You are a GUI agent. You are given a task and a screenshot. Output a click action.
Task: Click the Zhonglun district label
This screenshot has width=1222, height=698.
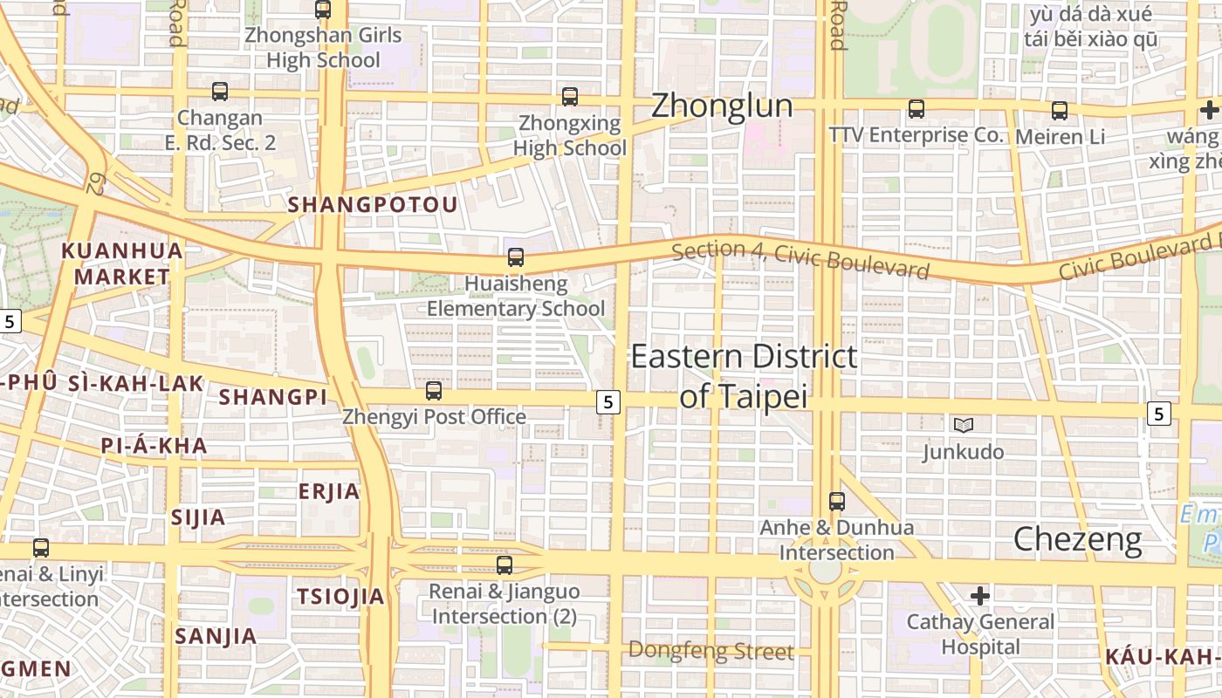click(722, 106)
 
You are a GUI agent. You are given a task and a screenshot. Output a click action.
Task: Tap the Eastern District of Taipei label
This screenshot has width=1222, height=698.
click(744, 376)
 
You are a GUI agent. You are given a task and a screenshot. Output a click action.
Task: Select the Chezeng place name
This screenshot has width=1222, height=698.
click(1077, 540)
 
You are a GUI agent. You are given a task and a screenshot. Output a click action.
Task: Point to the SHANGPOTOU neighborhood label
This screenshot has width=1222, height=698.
click(373, 204)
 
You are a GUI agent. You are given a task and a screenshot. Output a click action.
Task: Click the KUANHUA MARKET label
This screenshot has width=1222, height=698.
click(122, 263)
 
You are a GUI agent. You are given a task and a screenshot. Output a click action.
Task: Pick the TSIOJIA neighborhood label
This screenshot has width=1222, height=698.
click(340, 597)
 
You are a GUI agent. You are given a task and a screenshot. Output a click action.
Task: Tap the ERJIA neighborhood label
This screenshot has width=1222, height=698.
click(329, 491)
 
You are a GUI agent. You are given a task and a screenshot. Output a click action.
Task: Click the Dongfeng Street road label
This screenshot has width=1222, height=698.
click(711, 651)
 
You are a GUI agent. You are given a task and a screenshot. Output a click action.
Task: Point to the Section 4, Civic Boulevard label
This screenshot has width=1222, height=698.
click(800, 260)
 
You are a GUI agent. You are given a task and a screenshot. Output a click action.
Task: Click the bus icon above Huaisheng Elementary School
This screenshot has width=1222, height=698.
click(516, 257)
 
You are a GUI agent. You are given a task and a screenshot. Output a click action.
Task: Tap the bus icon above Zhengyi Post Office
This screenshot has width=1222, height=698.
click(434, 390)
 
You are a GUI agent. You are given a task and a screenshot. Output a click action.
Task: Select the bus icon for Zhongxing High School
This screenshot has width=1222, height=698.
click(570, 96)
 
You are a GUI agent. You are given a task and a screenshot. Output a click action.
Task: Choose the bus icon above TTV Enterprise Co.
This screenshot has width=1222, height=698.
click(916, 109)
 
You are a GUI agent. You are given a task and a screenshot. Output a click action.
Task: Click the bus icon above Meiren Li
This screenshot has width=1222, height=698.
click(1060, 111)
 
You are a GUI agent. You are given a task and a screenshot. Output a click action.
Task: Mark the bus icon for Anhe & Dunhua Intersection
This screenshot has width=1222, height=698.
click(837, 502)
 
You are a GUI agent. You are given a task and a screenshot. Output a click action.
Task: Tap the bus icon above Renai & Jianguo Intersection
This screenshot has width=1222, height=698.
click(505, 565)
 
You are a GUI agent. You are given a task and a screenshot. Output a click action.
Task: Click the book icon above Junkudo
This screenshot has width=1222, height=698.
click(964, 425)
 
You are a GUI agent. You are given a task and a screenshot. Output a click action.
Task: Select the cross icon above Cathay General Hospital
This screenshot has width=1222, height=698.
click(980, 596)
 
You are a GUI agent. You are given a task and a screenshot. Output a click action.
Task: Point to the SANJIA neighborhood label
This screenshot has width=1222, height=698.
click(216, 636)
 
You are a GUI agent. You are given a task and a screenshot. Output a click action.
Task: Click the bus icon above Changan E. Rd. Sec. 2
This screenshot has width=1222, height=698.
click(220, 91)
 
